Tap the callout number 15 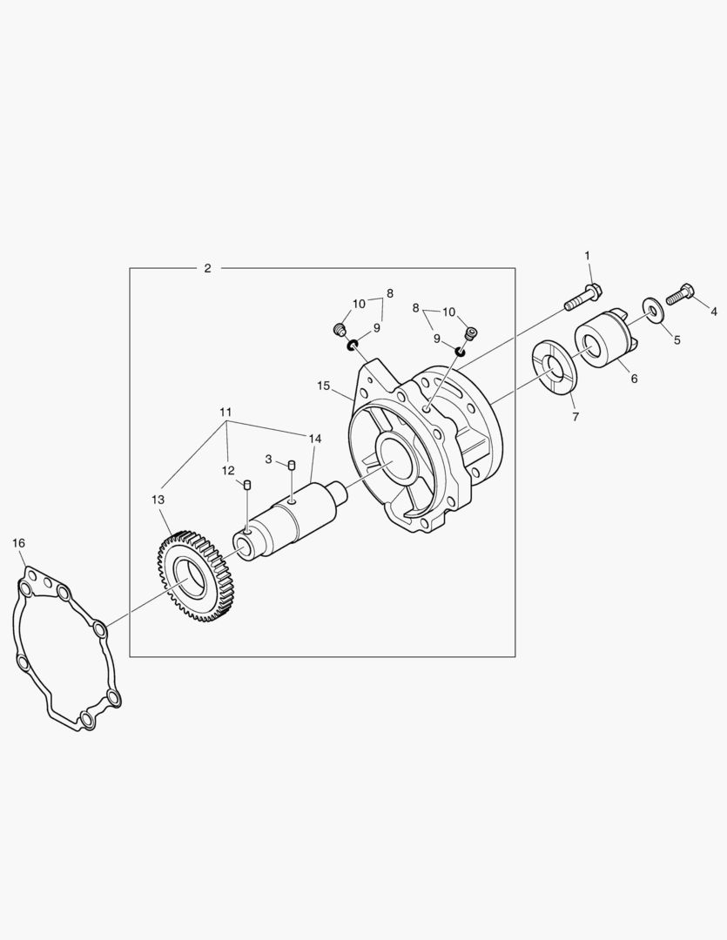point(324,386)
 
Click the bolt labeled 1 point(583,298)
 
